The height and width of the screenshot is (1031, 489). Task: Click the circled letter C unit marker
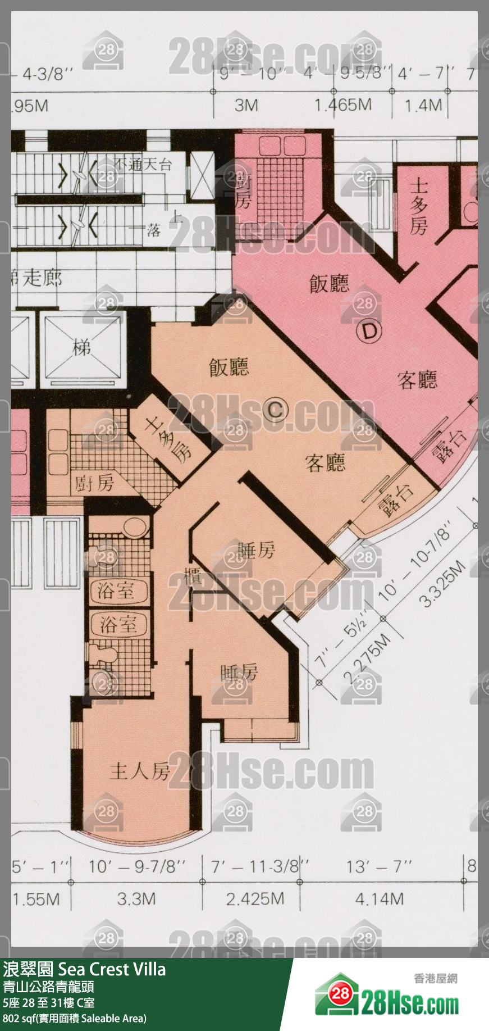point(275,409)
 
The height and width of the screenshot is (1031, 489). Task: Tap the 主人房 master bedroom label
point(140,771)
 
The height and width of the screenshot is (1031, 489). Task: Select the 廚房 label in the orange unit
point(94,483)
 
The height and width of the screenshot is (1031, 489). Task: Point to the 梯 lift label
point(82,348)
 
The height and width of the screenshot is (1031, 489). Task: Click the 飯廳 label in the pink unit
point(329,284)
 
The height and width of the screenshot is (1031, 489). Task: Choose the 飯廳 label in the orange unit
point(228,367)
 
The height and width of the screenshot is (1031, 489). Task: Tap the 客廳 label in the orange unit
point(325,463)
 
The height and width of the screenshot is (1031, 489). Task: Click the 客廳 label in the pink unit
point(417,380)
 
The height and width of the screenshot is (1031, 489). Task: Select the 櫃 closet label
point(193,576)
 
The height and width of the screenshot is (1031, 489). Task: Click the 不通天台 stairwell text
point(143,164)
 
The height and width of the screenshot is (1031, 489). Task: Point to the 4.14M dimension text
point(379,899)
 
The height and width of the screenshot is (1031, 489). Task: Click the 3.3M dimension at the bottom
point(136,899)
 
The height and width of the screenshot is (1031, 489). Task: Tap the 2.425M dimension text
point(255,899)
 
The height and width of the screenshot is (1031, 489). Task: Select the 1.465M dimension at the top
point(342,105)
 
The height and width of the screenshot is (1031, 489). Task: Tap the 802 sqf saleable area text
point(74,1018)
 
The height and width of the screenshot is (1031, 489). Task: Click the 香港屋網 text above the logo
point(435,978)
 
